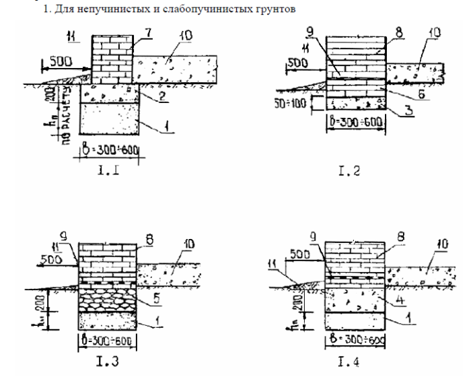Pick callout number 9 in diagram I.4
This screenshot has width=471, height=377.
pyautogui.click(x=312, y=236)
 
